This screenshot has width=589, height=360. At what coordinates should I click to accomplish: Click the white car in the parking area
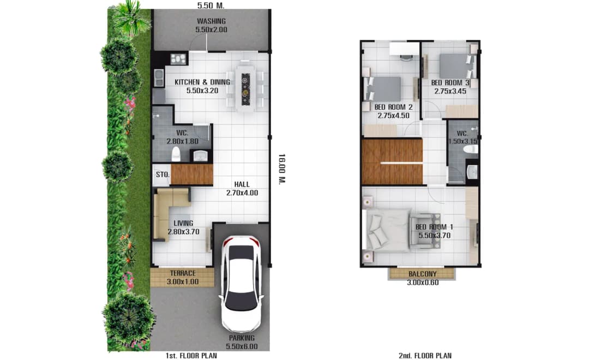pos(242,283)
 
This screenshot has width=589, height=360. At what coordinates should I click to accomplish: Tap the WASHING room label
pos(211,21)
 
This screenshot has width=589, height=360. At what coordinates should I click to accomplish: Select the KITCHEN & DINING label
pos(202,82)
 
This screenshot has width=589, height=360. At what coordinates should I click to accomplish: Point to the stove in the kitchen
pos(179,58)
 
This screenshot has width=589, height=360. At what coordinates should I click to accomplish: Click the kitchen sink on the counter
pos(159,77)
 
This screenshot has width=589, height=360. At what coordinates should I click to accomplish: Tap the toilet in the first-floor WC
pos(176,154)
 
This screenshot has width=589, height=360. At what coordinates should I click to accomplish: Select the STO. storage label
pos(163,175)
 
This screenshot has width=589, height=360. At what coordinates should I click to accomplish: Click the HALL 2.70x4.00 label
pos(242,189)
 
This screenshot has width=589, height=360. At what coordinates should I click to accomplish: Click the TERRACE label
pos(183,273)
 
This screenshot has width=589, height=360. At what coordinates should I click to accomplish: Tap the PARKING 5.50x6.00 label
pos(242,343)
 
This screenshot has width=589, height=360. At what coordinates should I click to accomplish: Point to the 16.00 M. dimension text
pos(282,169)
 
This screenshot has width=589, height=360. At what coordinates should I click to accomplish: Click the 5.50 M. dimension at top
pos(211,5)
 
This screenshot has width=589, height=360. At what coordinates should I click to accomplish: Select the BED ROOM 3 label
pos(450,83)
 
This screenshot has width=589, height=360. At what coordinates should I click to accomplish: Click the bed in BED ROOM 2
pos(383,89)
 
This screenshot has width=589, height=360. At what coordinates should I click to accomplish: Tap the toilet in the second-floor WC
pos(471,149)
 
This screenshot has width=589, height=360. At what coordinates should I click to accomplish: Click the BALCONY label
pos(423,274)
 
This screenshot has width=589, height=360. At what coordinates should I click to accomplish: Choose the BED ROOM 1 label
pos(434,227)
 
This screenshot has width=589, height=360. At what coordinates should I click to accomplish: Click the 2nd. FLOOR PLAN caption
pos(425,356)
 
